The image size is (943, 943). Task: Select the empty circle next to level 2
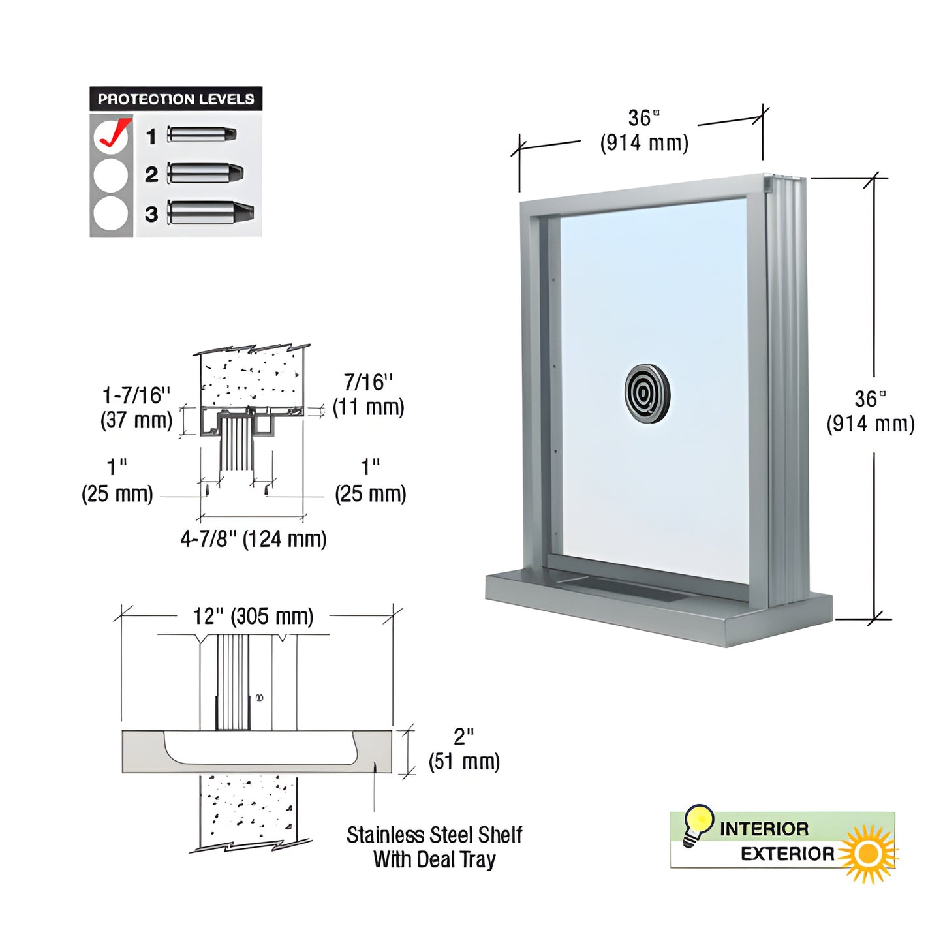tap(110, 175)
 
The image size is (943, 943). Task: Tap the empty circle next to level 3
tap(110, 213)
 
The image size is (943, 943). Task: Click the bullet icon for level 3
tap(211, 212)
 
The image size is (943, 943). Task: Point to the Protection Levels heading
tap(176, 99)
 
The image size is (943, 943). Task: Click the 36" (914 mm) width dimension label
tap(644, 131)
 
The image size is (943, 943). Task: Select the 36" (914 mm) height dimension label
tap(870, 412)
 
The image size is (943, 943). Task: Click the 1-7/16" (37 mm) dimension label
tap(136, 408)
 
